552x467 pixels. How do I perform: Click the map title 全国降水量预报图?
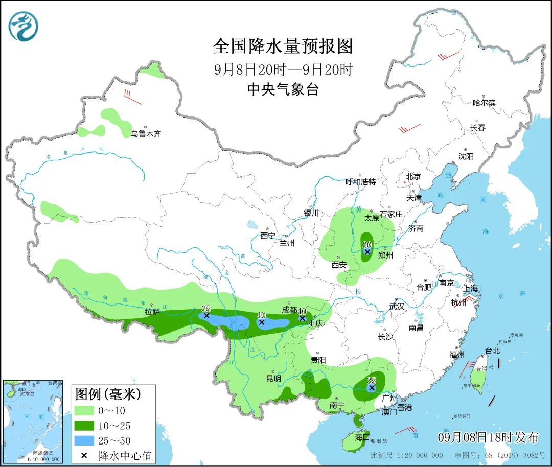pos(283,46)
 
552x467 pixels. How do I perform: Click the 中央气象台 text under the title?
pos(283,90)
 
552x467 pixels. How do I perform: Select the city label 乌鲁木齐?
pos(146,134)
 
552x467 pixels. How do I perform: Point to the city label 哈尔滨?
pos(484,103)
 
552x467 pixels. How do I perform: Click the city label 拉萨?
pos(152,311)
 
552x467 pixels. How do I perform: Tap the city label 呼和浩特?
pos(360,182)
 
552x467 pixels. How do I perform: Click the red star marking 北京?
pos(405,182)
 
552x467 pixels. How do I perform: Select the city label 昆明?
pos(273,379)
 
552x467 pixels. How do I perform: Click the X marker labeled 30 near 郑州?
pos(367,252)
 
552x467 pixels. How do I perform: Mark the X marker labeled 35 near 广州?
pos(372,388)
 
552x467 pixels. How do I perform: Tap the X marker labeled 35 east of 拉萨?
pos(206,316)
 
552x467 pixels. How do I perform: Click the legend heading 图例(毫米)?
pos(108,394)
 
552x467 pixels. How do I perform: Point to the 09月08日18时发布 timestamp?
pos(488,437)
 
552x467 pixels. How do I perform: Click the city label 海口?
pos(362,437)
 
